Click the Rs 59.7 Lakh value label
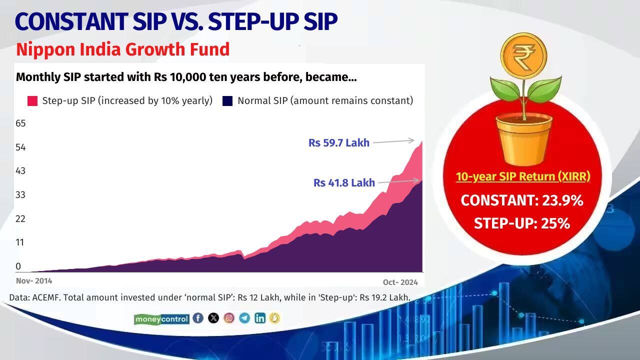pos(338,143)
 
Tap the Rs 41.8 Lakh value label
pos(344,183)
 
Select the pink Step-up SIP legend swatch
pos(32,101)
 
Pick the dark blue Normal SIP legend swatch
pos(227,101)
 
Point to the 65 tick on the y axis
pos(20,123)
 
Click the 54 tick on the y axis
pos(20,147)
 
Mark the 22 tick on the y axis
pos(20,219)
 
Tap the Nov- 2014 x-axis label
pos(34,281)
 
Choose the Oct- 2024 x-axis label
pos(400,282)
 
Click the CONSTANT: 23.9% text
pos(522,200)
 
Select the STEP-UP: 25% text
pos(522,223)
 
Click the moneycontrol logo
pos(161,319)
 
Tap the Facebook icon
pos(198,318)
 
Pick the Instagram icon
pos(229,318)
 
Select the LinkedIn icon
pos(260,318)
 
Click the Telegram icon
pos(244,318)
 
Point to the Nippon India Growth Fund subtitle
pos(122,49)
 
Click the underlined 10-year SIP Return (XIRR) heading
pos(523,177)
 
